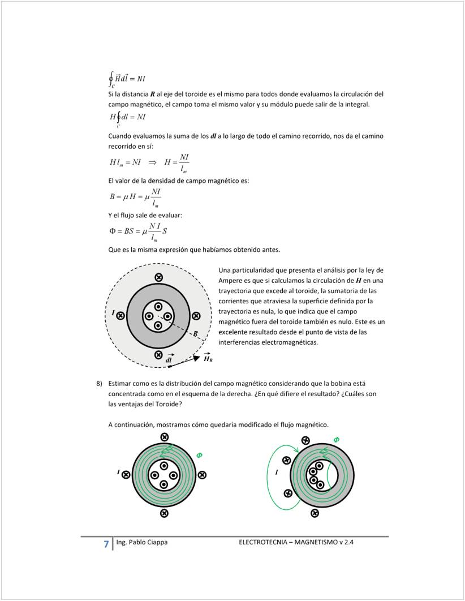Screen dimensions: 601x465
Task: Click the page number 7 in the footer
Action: [x=106, y=544]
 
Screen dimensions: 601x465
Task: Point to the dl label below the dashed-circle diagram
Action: [x=169, y=360]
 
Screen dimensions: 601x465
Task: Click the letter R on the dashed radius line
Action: [x=195, y=334]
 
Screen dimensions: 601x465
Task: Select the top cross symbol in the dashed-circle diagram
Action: [x=158, y=277]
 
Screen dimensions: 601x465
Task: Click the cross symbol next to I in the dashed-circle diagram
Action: [x=120, y=316]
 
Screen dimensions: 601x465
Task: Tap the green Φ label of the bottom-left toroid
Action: [x=199, y=454]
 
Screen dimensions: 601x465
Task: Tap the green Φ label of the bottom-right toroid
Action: [x=336, y=440]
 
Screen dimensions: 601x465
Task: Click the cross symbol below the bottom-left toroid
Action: [x=164, y=513]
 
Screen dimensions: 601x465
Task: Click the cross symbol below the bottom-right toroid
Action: [x=315, y=513]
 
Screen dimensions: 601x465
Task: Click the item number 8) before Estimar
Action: [x=100, y=383]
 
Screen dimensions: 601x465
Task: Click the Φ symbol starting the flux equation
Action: [x=112, y=231]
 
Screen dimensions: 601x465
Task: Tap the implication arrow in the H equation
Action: [x=152, y=162]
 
